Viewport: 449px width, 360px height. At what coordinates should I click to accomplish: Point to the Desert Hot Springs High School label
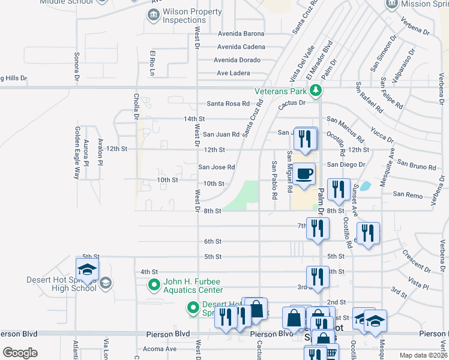click(61, 284)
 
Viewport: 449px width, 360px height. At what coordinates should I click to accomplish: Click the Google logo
click(20, 353)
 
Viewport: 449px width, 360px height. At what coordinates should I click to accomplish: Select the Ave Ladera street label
click(233, 73)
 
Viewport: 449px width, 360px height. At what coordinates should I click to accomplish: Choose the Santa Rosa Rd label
click(228, 104)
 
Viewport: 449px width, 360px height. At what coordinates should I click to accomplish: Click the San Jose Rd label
click(217, 167)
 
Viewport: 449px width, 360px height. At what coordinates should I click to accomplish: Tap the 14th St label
click(194, 119)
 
